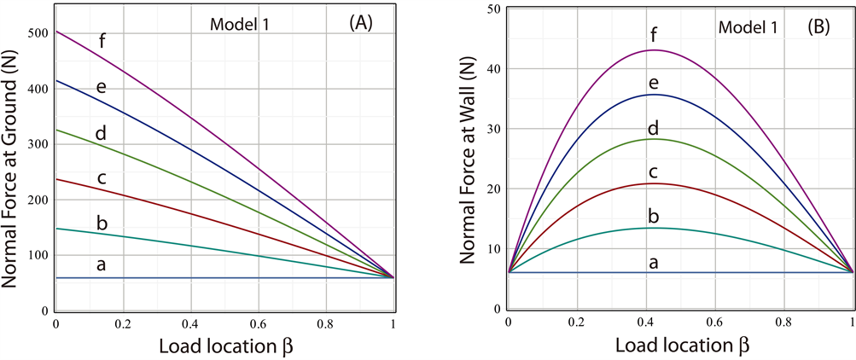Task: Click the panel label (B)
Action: click(x=824, y=26)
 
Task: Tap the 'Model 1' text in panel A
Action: click(x=240, y=24)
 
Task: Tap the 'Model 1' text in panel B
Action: click(x=748, y=27)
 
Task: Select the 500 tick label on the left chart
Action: click(x=38, y=35)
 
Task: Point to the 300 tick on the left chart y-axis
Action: click(x=38, y=145)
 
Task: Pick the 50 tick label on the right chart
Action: click(x=492, y=9)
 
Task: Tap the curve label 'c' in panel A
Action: click(x=102, y=177)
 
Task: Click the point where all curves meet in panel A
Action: click(x=393, y=277)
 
